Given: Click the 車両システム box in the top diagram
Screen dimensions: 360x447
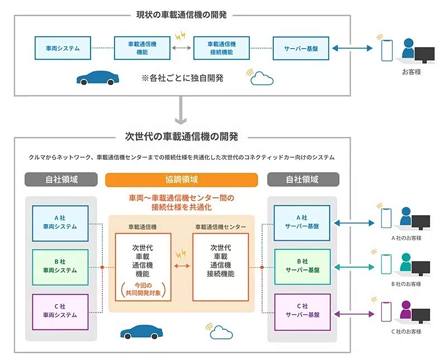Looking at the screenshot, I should [x=63, y=49].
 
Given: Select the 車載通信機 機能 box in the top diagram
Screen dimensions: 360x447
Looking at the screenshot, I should [x=142, y=49].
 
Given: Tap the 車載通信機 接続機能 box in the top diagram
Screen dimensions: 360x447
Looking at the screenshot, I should [x=221, y=49].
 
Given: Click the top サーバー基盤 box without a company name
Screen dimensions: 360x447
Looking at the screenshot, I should [x=301, y=49].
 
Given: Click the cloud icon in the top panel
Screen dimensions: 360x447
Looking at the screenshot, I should [x=261, y=78].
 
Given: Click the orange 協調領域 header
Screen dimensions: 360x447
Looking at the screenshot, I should [x=182, y=179].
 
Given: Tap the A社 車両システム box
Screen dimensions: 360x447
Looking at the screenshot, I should [x=60, y=223].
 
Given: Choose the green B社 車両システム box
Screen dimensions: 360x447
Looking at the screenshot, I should [x=60, y=267].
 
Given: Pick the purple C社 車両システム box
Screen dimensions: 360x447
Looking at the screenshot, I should [x=60, y=310].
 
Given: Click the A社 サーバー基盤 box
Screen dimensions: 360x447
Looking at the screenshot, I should [x=302, y=223].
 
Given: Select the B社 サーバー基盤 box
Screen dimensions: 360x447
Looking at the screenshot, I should [x=302, y=267].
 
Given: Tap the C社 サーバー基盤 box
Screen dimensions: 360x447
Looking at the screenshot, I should [x=302, y=310].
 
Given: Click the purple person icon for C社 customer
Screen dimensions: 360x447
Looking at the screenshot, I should [x=406, y=309].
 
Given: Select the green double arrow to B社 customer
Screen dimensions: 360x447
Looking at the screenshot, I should [x=355, y=267].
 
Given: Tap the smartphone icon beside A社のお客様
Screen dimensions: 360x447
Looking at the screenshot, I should [x=386, y=219].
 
